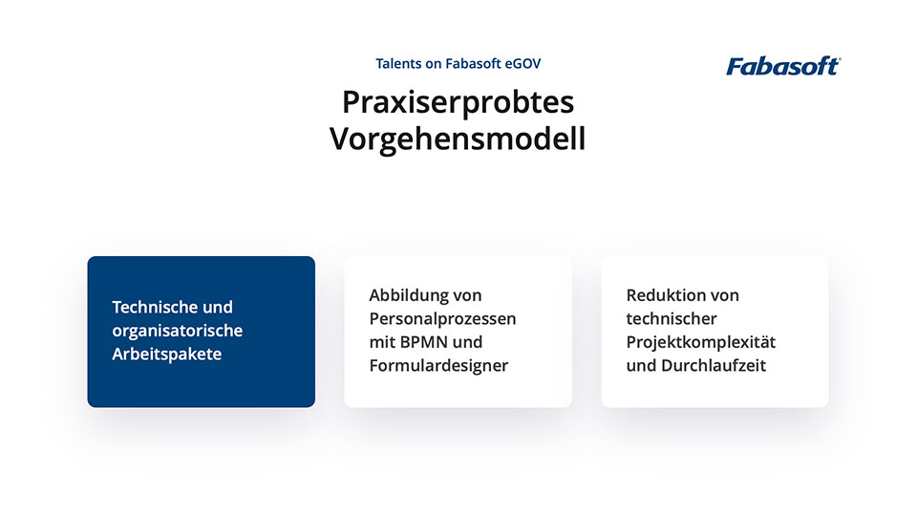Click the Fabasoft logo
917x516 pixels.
point(782,66)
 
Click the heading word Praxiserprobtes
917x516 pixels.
point(458,101)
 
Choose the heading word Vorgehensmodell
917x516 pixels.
point(458,140)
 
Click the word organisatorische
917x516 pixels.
point(178,331)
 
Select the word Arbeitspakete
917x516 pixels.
point(166,355)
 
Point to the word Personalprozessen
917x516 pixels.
point(442,318)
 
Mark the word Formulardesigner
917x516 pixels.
point(438,366)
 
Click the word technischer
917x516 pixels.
point(672,318)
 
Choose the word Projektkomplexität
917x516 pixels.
point(701,342)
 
